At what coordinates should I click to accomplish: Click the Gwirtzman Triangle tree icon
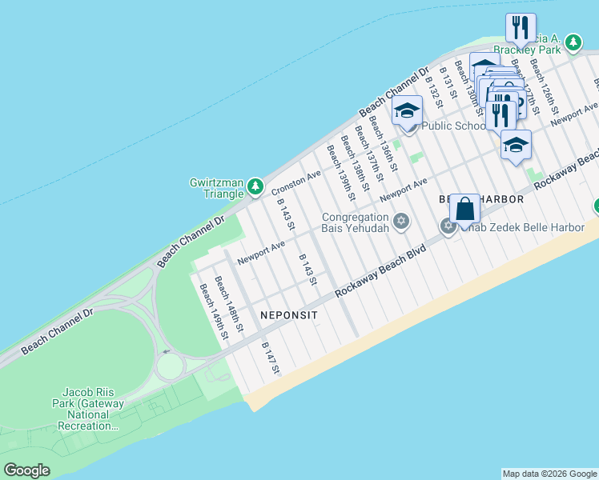pyautogui.click(x=255, y=187)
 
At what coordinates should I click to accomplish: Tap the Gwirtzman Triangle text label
pyautogui.click(x=216, y=188)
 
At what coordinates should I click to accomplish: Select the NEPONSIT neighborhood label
pyautogui.click(x=289, y=315)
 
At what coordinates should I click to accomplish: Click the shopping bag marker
pyautogui.click(x=464, y=210)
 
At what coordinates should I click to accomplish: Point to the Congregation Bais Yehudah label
pyautogui.click(x=356, y=222)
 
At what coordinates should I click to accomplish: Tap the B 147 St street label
pyautogui.click(x=271, y=358)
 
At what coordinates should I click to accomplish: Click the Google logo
pyautogui.click(x=26, y=470)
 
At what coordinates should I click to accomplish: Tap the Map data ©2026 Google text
pyautogui.click(x=549, y=474)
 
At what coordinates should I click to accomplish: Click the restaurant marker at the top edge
pyautogui.click(x=521, y=28)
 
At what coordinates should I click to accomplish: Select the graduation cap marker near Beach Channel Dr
pyautogui.click(x=407, y=111)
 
